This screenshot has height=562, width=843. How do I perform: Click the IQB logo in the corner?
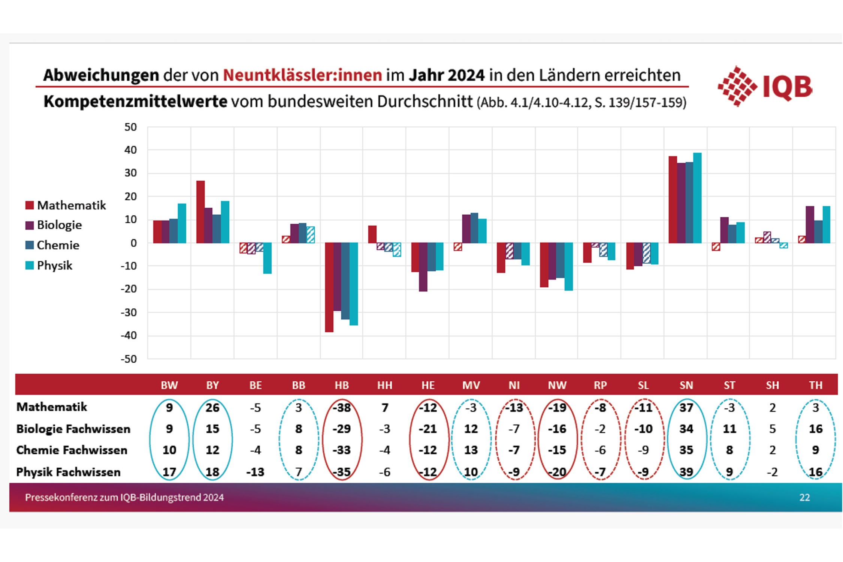(x=764, y=87)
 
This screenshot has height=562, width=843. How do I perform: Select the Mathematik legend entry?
(x=66, y=205)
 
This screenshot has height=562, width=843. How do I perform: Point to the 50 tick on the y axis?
(x=130, y=127)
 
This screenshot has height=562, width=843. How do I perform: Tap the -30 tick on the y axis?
(x=129, y=312)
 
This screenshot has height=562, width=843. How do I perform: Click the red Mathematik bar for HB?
(x=329, y=287)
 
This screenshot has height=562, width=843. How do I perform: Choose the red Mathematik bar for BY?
(x=200, y=212)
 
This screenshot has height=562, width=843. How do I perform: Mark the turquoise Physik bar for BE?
(x=267, y=258)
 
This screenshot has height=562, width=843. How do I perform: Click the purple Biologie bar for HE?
(x=423, y=267)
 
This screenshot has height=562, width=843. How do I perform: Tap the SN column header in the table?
(x=686, y=385)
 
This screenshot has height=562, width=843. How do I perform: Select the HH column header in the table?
(x=385, y=385)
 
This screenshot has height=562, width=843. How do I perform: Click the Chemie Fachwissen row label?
(x=72, y=450)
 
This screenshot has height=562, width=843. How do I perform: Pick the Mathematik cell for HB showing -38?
(x=342, y=408)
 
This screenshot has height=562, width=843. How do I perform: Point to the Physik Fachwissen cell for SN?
(x=686, y=472)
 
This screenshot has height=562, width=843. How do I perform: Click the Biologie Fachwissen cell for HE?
(x=428, y=429)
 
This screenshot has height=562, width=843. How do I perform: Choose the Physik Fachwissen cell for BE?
(x=256, y=472)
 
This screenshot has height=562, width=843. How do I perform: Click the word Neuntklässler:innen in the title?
(x=302, y=75)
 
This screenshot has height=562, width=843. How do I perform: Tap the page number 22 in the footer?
(x=804, y=498)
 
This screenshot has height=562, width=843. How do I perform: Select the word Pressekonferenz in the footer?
(x=52, y=498)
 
